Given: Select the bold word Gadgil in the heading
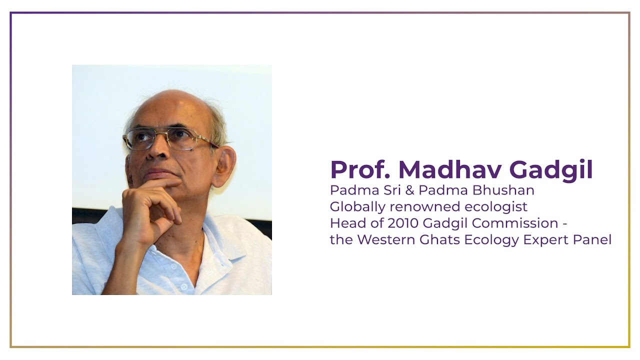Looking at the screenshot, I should tap(551, 170).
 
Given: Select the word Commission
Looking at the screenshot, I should tap(513, 223).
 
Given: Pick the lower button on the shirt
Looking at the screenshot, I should tap(184, 287).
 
